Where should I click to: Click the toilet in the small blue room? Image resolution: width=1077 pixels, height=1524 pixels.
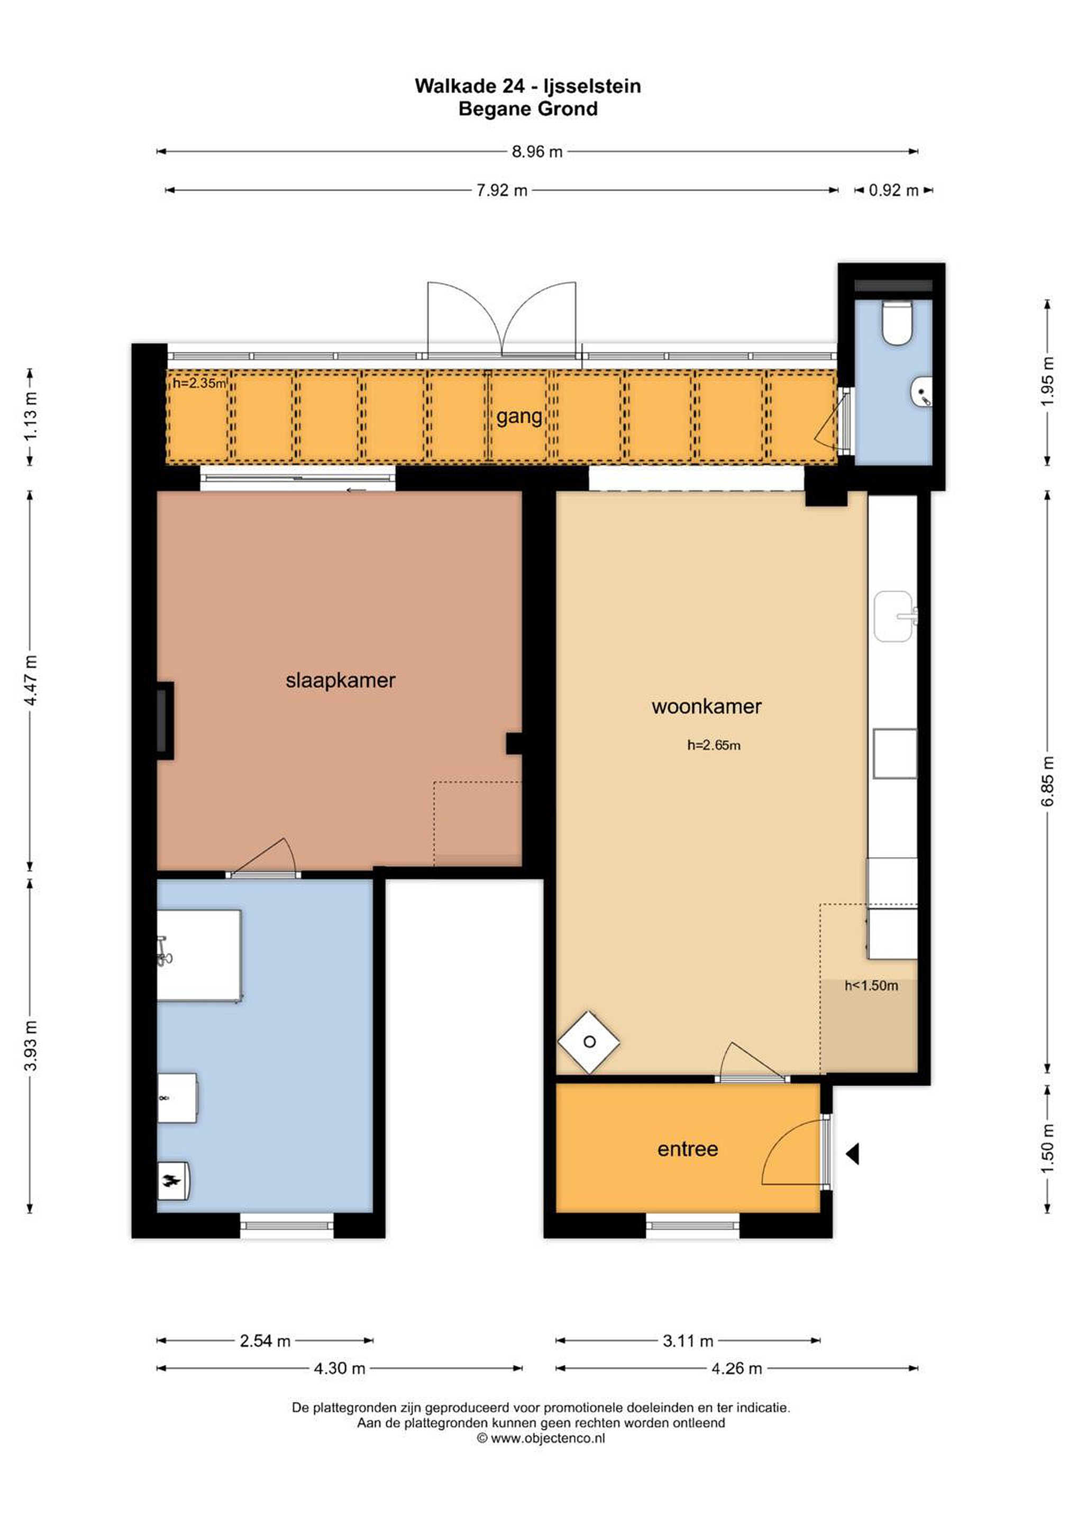pyautogui.click(x=897, y=323)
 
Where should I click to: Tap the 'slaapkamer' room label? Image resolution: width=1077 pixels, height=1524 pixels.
pyautogui.click(x=341, y=681)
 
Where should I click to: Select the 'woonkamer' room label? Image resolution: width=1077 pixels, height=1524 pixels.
pyautogui.click(x=706, y=706)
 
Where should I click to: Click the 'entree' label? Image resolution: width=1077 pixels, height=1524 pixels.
pyautogui.click(x=688, y=1149)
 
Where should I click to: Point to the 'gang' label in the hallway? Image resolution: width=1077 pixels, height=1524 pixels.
pyautogui.click(x=519, y=417)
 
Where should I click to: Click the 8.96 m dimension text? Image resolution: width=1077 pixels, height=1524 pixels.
pyautogui.click(x=537, y=152)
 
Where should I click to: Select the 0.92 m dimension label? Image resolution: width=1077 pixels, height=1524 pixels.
pyautogui.click(x=894, y=190)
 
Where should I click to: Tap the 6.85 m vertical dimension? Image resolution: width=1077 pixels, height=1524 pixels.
pyautogui.click(x=1048, y=781)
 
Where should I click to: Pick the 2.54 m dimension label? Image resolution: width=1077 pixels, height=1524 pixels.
pyautogui.click(x=266, y=1341)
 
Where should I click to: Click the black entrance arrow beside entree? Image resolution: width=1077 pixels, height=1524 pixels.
pyautogui.click(x=853, y=1154)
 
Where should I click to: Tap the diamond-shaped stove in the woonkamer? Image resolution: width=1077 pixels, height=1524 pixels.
pyautogui.click(x=589, y=1042)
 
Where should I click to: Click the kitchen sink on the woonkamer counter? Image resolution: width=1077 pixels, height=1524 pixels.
pyautogui.click(x=895, y=616)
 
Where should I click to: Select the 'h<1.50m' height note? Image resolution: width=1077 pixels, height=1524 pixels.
pyautogui.click(x=871, y=986)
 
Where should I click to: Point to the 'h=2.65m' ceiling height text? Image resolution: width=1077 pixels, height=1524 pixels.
pyautogui.click(x=714, y=746)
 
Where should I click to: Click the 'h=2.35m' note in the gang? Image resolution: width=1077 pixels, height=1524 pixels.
pyautogui.click(x=199, y=383)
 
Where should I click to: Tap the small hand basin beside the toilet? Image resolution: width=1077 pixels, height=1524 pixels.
pyautogui.click(x=923, y=391)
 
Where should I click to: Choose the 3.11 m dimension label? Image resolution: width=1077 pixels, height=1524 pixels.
pyautogui.click(x=688, y=1341)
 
